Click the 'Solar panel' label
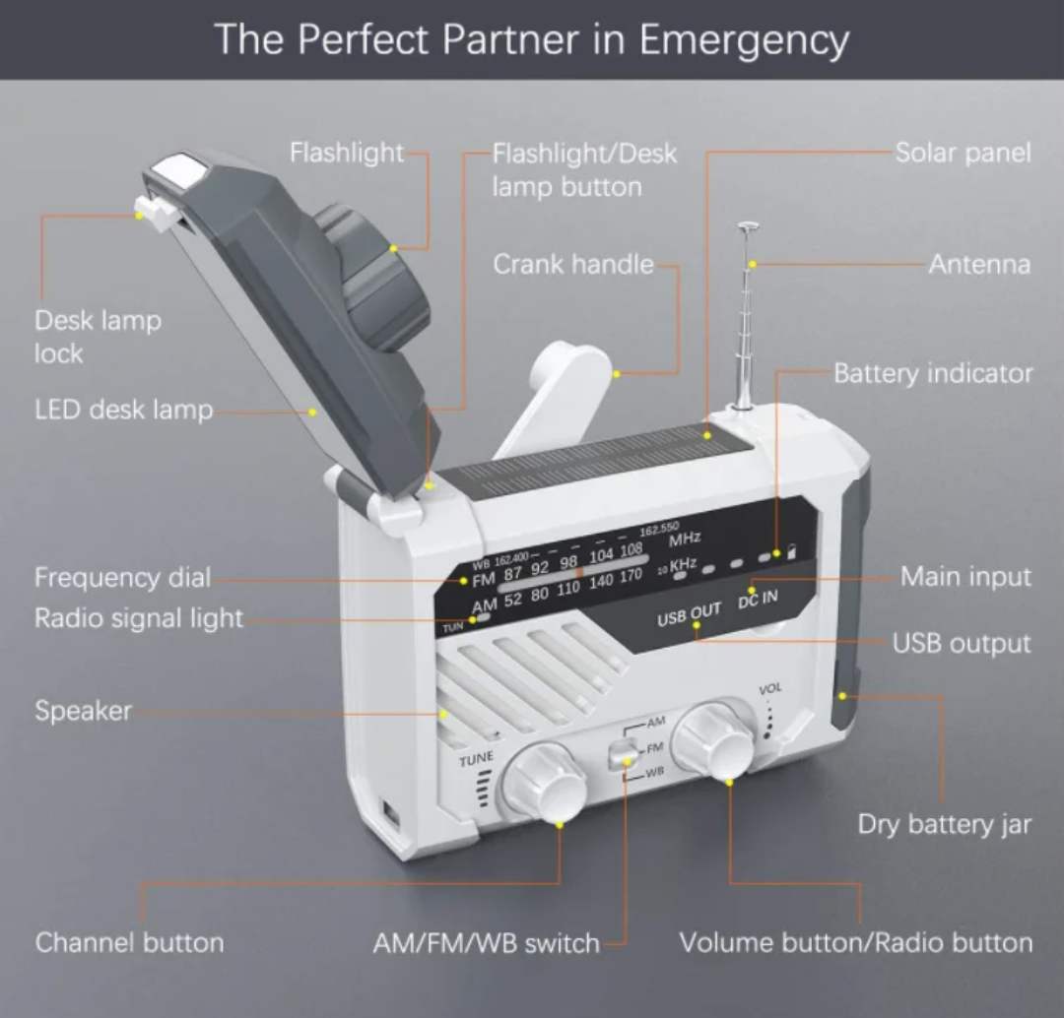[x=963, y=154]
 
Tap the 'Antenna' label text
[x=978, y=264]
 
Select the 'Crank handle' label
[x=572, y=264]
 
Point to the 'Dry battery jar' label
[x=944, y=824]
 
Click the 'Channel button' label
[x=129, y=942]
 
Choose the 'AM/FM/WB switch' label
[x=486, y=943]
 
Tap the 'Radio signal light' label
[x=138, y=618]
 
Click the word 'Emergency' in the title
[x=743, y=40]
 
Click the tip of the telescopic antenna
[x=749, y=227]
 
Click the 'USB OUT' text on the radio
[x=689, y=616]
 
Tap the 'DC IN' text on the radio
[x=758, y=601]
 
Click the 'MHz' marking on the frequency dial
[x=684, y=539]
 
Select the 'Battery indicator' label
[x=932, y=373]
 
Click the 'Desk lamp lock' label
[x=97, y=337]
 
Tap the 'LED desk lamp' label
[x=123, y=410]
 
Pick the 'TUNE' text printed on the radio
[x=476, y=759]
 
